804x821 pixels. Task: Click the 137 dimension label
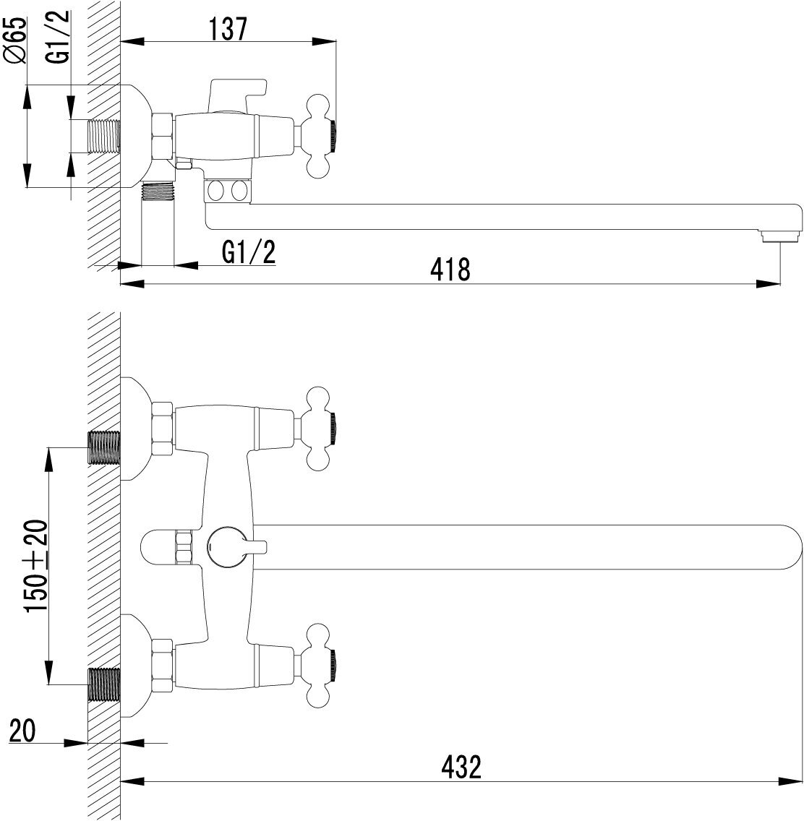coord(228,30)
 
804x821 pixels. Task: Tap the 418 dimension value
coord(450,270)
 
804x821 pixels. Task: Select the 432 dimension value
coord(461,767)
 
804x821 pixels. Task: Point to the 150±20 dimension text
coord(36,565)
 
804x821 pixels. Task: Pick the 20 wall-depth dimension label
coord(22,731)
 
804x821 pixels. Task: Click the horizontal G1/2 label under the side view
coord(249,252)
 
